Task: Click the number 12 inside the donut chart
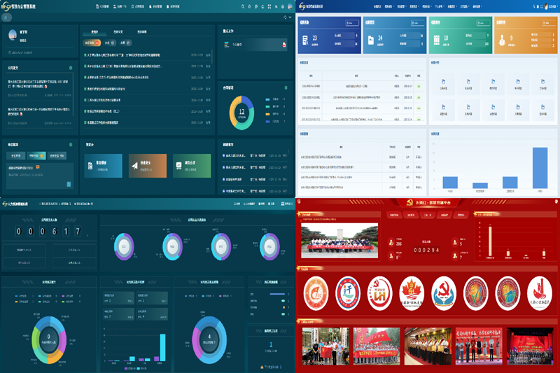(x=242, y=111)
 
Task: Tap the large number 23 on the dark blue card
(x=315, y=38)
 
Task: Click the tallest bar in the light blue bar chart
(x=539, y=169)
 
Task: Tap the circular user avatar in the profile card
(x=13, y=34)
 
